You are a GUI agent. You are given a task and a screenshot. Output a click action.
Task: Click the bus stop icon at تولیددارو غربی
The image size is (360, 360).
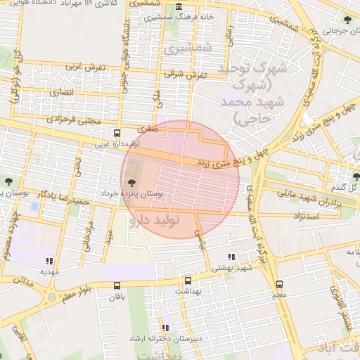(117, 132)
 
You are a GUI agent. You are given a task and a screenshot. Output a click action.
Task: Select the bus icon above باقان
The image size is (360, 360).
(117, 285)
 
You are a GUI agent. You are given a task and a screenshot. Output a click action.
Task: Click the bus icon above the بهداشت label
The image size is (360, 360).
(187, 280)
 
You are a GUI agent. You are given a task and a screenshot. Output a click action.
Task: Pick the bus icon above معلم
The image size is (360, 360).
(280, 285)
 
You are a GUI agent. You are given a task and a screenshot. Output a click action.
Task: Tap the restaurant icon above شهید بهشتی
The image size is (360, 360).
(233, 257)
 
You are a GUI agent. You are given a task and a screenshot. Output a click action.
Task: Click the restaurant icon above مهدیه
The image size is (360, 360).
(49, 259)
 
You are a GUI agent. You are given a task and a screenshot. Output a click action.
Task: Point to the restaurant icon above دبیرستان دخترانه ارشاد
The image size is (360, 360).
(165, 328)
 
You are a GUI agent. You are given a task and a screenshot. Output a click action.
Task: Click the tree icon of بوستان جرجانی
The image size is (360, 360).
(349, 19)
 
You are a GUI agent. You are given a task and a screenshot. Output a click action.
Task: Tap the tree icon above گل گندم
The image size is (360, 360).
(353, 175)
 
